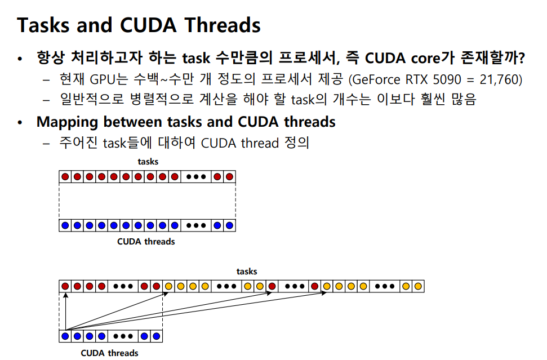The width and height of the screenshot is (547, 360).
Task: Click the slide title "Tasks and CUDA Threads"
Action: pos(139,25)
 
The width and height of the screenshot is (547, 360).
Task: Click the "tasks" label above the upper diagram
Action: pos(148,162)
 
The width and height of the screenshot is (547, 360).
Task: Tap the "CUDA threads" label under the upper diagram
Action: pos(146,242)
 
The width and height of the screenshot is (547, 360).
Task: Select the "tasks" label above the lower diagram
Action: pos(247,272)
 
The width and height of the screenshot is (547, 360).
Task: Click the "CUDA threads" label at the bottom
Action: pos(109,353)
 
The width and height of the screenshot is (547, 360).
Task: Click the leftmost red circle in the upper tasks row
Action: pos(65,177)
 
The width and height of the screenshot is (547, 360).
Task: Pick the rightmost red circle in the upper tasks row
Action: pos(229,177)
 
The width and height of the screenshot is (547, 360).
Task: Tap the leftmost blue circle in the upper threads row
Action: pos(65,225)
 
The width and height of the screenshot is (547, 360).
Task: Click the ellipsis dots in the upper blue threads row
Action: pos(196,225)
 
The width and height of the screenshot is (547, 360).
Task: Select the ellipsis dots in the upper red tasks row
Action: pos(196,177)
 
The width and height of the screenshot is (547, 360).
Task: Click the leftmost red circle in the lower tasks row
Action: pos(65,286)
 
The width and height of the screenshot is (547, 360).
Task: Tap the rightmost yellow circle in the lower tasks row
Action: pos(417,286)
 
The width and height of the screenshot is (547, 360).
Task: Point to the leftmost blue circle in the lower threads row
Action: pos(65,337)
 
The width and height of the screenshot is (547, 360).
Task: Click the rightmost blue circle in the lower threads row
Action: pos(156,337)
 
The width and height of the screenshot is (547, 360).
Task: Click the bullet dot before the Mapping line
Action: pos(21,122)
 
